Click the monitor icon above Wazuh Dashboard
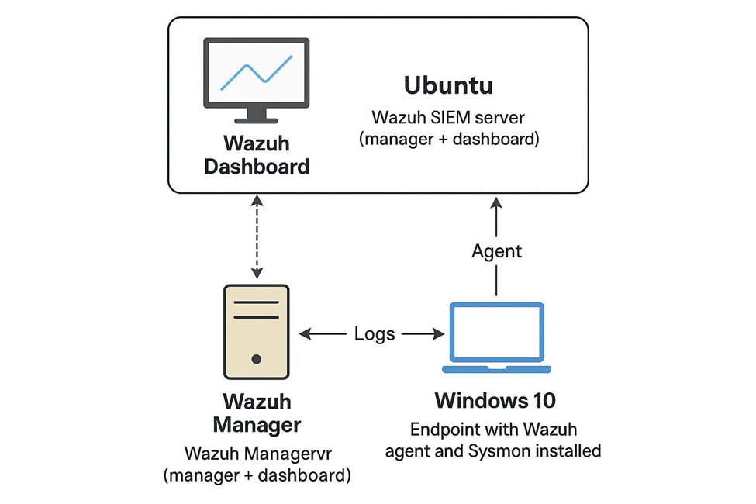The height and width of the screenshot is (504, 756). click(x=257, y=80)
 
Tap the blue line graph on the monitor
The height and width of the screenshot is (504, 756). click(x=257, y=73)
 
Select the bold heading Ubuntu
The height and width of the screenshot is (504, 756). click(x=448, y=85)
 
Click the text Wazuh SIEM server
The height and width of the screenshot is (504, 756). click(x=448, y=118)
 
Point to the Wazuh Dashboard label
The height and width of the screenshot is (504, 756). click(x=257, y=155)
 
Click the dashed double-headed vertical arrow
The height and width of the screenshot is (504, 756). click(x=257, y=236)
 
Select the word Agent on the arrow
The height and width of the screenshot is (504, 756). click(x=496, y=251)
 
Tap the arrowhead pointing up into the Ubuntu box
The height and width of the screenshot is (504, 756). click(x=496, y=202)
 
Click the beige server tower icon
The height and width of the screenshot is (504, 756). click(x=257, y=332)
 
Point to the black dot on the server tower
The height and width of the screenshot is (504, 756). click(x=257, y=359)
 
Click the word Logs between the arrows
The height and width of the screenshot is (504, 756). click(x=375, y=333)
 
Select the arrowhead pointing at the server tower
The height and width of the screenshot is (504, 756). click(x=305, y=333)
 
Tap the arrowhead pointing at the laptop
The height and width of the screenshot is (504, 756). click(x=439, y=333)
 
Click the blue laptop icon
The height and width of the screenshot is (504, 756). click(x=496, y=337)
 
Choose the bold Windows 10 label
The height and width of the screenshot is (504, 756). click(x=495, y=400)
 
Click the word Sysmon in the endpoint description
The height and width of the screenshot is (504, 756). click(x=500, y=451)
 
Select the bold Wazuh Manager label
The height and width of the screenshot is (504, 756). click(x=257, y=413)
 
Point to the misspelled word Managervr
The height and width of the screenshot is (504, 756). click(x=288, y=454)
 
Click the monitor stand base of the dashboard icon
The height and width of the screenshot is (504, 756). click(x=256, y=121)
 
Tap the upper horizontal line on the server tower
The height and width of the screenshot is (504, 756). click(x=257, y=302)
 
